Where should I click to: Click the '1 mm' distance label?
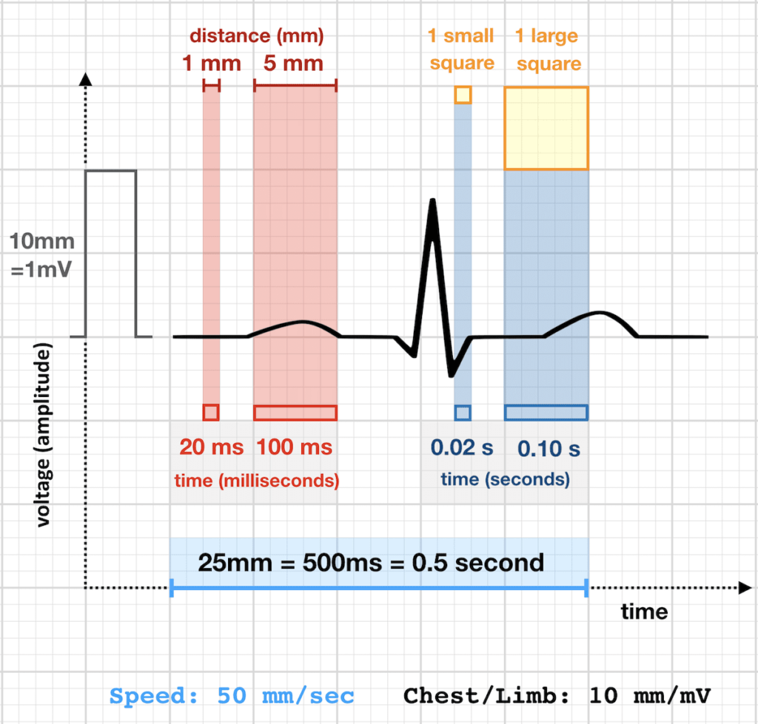(211, 63)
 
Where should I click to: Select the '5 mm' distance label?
(294, 63)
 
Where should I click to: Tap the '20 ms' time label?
(211, 447)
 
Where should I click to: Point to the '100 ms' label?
(295, 447)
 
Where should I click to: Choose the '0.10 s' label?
(549, 448)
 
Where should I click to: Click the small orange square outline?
(463, 95)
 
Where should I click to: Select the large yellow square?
(546, 129)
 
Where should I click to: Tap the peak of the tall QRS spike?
(432, 202)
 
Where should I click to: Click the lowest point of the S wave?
(452, 375)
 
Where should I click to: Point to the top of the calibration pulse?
(111, 171)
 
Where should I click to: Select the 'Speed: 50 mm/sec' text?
(232, 696)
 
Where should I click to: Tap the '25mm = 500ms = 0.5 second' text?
(371, 562)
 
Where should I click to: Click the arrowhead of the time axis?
(743, 588)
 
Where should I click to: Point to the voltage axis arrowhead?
(87, 80)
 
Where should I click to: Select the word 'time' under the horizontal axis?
(643, 612)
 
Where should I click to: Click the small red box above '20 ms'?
(211, 412)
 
